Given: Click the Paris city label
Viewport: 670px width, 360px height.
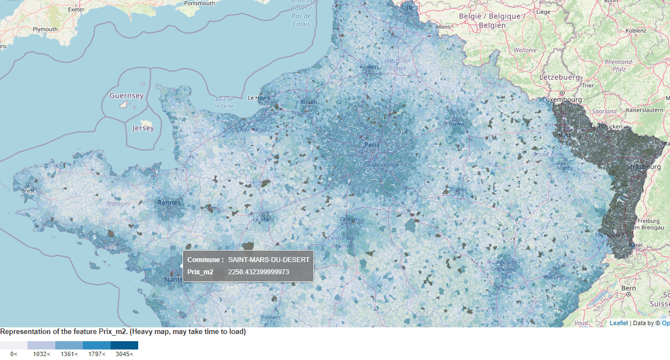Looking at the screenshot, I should click(372, 145).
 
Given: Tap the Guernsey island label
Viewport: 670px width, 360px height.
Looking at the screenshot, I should click(126, 96).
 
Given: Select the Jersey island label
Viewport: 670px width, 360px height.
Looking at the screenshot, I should click(143, 128).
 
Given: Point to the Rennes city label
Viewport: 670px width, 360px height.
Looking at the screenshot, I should click(169, 202).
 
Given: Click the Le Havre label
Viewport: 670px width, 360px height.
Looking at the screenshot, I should click(258, 97).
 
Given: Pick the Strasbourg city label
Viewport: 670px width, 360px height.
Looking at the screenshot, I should click(643, 166).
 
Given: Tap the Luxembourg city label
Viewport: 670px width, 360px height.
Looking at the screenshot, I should click(562, 100).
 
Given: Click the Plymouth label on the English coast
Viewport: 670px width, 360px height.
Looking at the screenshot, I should click(45, 29).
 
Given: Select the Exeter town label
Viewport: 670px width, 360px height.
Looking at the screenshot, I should click(76, 10).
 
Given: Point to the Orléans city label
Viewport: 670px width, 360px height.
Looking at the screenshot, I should click(349, 219).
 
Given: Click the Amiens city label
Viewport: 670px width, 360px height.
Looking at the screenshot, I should click(369, 67).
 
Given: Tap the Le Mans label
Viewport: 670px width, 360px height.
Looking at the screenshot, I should click(263, 220).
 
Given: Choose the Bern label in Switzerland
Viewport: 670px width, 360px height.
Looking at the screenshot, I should click(629, 288).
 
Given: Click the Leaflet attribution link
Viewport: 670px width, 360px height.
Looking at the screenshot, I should click(619, 323).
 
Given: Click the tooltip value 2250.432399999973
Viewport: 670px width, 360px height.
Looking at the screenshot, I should click(259, 272).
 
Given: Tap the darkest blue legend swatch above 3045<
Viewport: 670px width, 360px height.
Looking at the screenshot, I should click(124, 346).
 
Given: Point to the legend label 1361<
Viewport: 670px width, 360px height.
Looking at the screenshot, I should click(69, 354).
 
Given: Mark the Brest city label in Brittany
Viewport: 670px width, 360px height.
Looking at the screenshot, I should click(28, 191).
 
